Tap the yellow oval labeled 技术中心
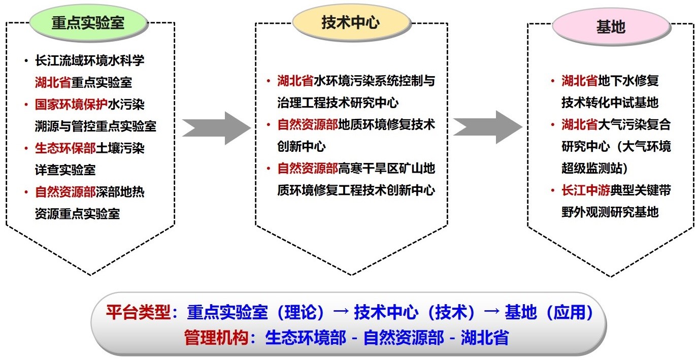(351, 22)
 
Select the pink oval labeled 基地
(611, 27)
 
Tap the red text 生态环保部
(65, 148)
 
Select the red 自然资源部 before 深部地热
(65, 192)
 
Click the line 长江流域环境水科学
(90, 60)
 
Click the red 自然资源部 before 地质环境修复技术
(308, 124)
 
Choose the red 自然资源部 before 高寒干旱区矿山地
(308, 168)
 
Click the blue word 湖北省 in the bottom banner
(485, 338)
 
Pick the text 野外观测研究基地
(610, 212)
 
